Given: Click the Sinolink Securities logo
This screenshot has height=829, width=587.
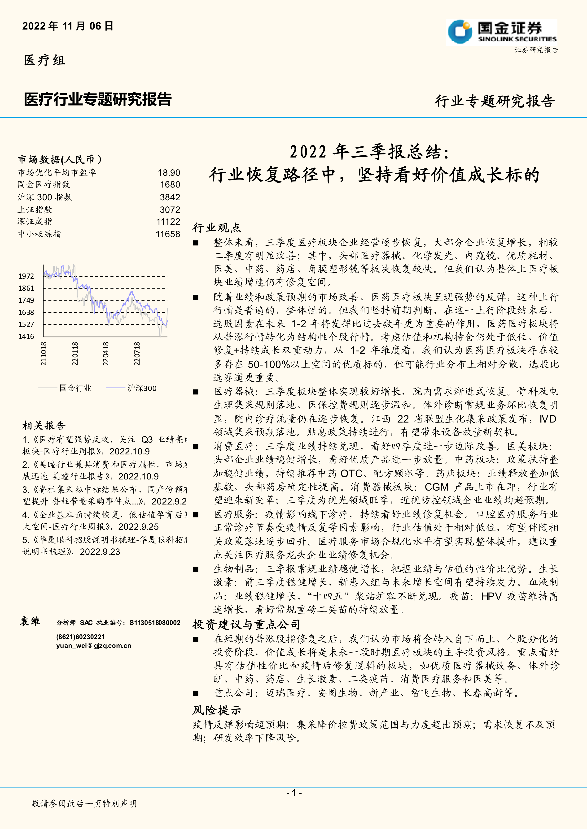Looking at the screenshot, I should [501, 32].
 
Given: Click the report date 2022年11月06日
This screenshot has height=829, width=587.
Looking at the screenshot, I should [68, 26].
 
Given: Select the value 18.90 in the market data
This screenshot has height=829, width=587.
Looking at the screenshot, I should [169, 173].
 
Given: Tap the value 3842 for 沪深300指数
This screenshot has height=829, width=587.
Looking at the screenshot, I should [170, 197].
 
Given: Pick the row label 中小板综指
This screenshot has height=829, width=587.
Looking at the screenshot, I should [39, 234].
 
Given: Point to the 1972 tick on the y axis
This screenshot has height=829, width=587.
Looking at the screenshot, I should [26, 276].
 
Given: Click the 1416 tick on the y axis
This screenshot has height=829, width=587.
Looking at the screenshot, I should [26, 337].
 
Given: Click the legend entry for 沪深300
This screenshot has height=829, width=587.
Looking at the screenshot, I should [142, 388].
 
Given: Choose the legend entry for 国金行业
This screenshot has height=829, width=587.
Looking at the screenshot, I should [75, 388].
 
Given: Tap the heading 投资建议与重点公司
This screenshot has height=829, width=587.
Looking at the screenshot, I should [246, 624].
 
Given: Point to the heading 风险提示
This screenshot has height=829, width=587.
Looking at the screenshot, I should [216, 710].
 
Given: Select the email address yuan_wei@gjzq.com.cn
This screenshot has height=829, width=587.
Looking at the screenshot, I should [94, 645].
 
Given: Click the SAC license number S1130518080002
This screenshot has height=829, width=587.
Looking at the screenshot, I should [155, 623].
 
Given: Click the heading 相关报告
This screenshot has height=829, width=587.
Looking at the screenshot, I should [44, 425].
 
